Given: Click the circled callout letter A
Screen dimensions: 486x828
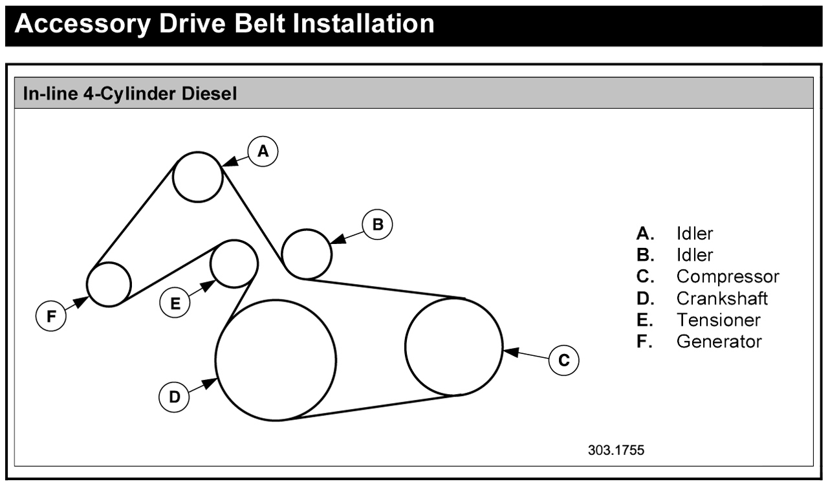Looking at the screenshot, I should pos(263,151).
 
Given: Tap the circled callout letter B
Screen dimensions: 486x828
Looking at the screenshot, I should pos(378,225).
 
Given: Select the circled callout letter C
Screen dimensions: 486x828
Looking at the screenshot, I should pos(563,360).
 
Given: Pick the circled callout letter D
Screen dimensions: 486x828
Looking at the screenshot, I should pos(175,397).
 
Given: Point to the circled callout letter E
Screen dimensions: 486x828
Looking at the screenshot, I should pos(175,302).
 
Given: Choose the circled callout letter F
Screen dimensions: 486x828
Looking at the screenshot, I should pos(51,316).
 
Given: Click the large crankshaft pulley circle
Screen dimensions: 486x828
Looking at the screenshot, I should pos(276,360).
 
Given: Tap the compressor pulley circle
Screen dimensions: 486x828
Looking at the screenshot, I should pos(454,346).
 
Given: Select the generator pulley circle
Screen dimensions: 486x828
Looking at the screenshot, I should pos(109,284).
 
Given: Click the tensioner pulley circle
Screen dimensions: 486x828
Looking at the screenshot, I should pos(235,263).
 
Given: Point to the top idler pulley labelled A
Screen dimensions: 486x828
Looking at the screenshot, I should pos(198,177).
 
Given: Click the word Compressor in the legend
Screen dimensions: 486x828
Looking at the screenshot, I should pos(728,276).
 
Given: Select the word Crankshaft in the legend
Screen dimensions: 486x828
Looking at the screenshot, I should pos(722,298).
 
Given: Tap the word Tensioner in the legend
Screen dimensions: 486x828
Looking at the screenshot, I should pos(718,320).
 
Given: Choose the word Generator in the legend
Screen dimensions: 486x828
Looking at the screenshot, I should pos(719,341).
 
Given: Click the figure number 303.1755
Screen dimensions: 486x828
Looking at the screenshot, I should pos(616,450).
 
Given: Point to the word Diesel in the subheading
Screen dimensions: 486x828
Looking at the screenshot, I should pos(213,94).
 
